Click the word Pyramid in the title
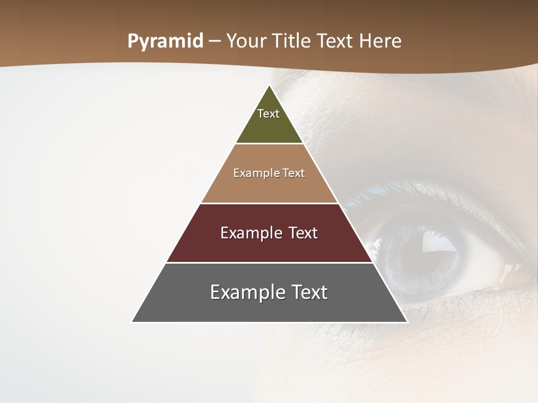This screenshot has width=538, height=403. tap(165, 41)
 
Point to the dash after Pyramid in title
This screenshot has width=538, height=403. tap(215, 41)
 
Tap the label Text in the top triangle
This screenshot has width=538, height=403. tap(268, 114)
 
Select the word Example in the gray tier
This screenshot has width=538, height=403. tap(242, 292)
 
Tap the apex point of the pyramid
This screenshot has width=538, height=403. tap(270, 86)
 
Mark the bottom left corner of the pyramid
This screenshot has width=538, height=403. tap(132, 322)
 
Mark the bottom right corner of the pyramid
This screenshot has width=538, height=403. tap(407, 322)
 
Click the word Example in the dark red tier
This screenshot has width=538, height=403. tap(250, 233)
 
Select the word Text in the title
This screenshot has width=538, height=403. tap(337, 41)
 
